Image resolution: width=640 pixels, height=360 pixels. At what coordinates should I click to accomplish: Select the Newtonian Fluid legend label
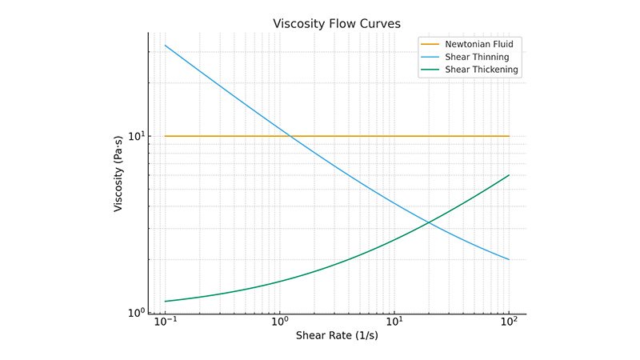[478, 44]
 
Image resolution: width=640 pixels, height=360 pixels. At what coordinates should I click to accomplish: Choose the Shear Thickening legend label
[482, 70]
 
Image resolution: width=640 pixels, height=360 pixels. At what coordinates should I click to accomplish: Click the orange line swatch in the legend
[430, 44]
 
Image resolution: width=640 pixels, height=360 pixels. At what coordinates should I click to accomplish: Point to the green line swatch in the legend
[430, 70]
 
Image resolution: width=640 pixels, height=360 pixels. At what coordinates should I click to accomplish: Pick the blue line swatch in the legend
[430, 57]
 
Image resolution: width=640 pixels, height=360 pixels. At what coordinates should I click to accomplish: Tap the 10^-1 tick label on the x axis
[166, 322]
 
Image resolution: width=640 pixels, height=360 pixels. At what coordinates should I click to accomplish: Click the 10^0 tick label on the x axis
[279, 322]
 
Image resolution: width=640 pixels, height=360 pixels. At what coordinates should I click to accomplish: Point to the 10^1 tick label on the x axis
[394, 322]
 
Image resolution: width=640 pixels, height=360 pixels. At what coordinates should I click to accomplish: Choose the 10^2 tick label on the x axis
[509, 322]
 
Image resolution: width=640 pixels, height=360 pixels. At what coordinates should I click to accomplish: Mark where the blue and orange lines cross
[290, 136]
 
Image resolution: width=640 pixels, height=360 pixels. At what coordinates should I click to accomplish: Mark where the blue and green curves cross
[430, 222]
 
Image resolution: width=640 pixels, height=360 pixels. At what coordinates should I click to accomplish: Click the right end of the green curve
[509, 175]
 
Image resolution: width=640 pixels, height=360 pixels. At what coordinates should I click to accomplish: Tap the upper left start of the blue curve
[166, 46]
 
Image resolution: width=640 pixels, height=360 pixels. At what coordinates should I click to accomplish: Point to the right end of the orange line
[509, 136]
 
